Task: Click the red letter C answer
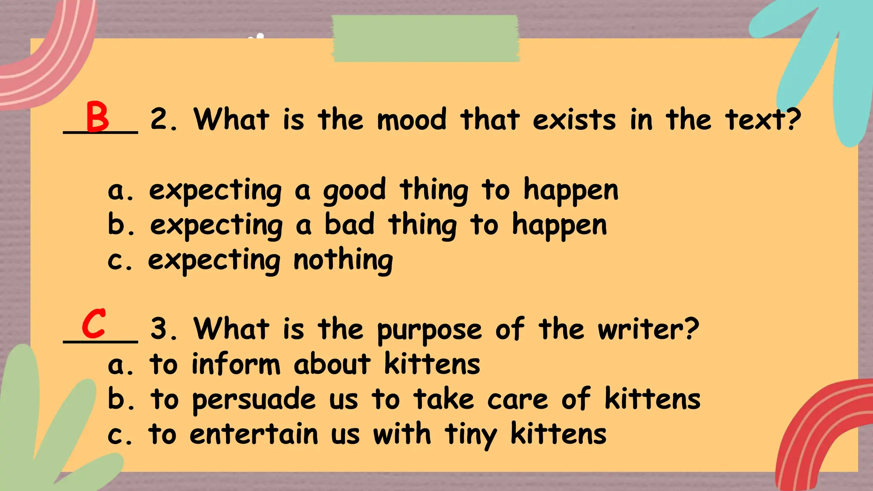coord(94,324)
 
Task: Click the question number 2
coord(163,120)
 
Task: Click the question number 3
coord(163,329)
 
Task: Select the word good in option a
coord(354,191)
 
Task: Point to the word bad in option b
coord(350,225)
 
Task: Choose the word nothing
coord(343,260)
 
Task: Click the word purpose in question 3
coord(429,331)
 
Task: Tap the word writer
coord(648,329)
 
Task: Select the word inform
coord(236,364)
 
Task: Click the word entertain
coord(254,434)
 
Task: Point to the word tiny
coord(471,436)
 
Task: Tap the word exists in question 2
coord(574,120)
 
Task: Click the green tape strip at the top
coord(425,38)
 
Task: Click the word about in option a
coord(332,364)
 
